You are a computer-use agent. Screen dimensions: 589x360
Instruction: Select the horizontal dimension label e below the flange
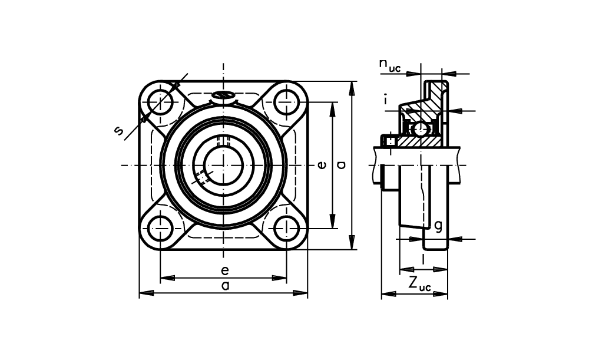point(225,270)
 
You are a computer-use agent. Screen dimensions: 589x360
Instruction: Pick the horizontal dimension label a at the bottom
point(225,286)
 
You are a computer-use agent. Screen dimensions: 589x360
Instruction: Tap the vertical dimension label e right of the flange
point(322,164)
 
